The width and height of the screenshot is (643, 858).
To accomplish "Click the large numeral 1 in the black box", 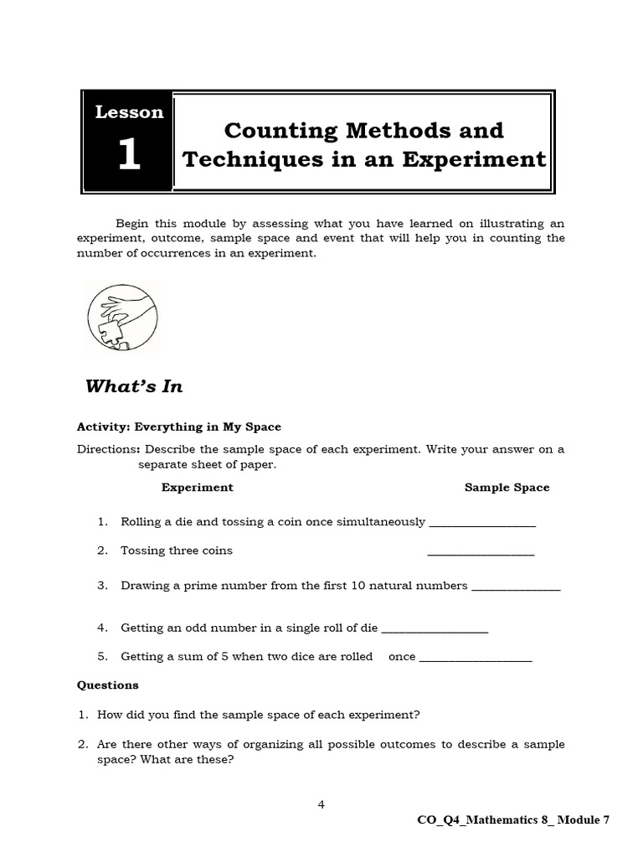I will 128,155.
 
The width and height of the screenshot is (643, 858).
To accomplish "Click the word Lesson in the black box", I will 129,112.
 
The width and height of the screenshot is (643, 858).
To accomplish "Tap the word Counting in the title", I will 278,131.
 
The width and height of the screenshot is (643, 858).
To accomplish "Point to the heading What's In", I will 134,386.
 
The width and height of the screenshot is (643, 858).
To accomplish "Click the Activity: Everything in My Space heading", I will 179,426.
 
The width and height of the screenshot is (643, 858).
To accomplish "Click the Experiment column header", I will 197,487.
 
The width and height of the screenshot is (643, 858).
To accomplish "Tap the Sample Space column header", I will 507,487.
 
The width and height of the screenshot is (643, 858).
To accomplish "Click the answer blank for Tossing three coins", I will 481,552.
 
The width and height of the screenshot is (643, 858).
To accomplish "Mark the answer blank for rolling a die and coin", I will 481,524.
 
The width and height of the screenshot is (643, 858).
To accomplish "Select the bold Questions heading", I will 108,685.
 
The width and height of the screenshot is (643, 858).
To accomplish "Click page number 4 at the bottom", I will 321,804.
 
